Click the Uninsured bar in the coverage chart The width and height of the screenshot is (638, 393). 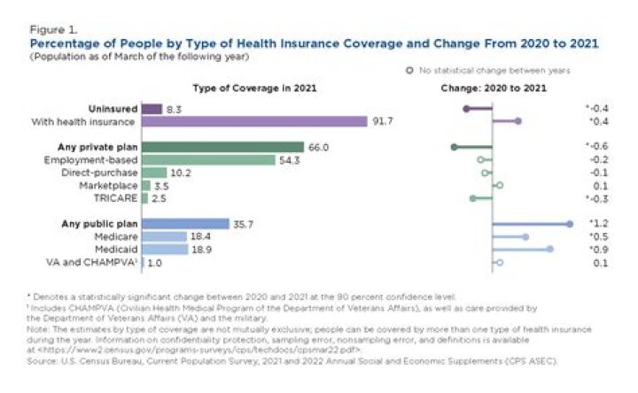[x=152, y=108]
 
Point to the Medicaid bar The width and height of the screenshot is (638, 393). [x=164, y=250]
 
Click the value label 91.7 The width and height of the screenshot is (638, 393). [x=383, y=121]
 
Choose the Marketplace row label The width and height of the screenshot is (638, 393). [x=105, y=186]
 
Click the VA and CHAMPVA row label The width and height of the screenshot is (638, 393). [x=91, y=263]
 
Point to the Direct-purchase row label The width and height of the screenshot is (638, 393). [x=99, y=173]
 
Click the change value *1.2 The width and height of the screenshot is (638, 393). [x=597, y=225]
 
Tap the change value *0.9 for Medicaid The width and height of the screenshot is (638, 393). [x=597, y=250]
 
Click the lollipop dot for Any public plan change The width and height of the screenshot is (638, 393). [x=571, y=225]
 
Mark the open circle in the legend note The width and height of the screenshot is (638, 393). [x=409, y=69]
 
